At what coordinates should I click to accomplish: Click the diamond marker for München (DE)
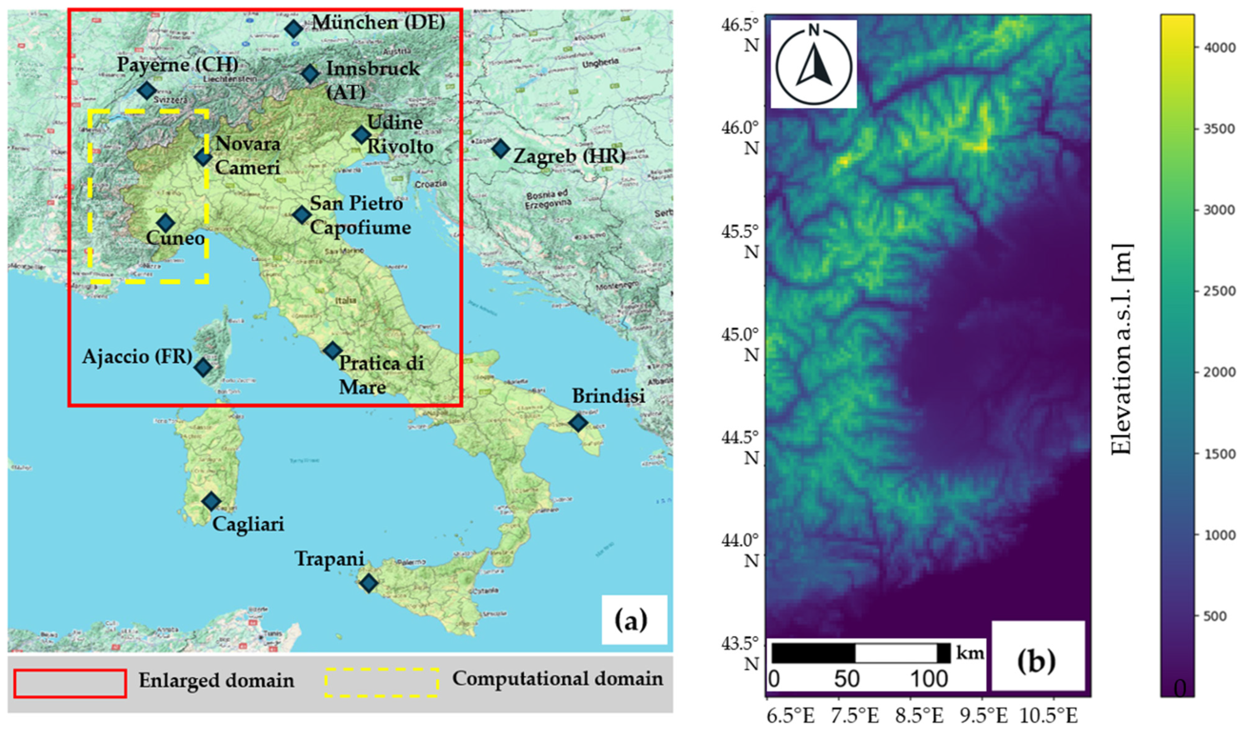(294, 29)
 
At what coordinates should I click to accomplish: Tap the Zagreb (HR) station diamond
(501, 148)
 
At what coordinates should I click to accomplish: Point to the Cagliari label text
(248, 525)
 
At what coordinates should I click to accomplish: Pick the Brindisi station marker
(578, 422)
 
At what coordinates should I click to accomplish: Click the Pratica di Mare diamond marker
(333, 350)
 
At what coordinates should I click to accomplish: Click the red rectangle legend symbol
(70, 683)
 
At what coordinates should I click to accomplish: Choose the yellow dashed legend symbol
(382, 683)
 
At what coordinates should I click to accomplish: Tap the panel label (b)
(1037, 662)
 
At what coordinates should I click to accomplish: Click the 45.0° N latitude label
(746, 345)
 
